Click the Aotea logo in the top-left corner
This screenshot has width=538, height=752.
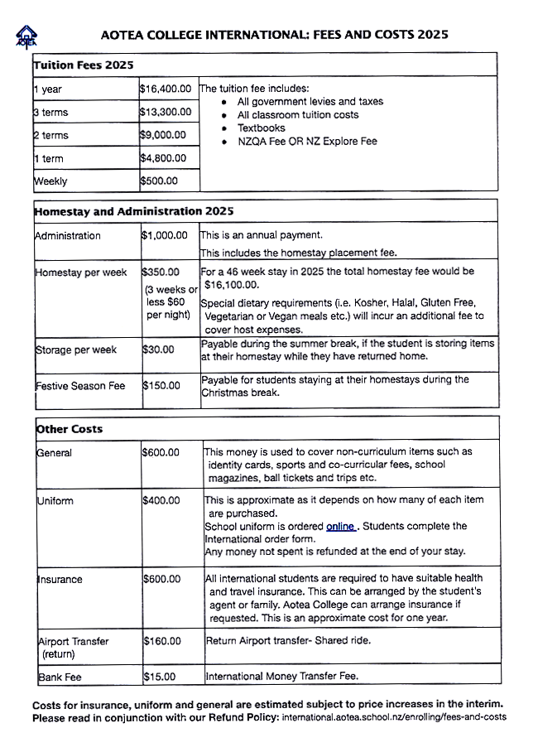point(27,36)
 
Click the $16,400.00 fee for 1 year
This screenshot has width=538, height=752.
point(166,88)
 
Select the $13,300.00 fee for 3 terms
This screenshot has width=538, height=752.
point(166,111)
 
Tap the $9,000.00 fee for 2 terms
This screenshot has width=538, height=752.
point(164,134)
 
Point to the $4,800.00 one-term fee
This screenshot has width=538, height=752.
point(164,157)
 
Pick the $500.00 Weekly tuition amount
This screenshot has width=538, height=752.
point(160,181)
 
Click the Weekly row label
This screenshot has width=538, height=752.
point(50,181)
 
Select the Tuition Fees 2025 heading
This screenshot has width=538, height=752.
point(84,65)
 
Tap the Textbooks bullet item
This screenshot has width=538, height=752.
point(261,128)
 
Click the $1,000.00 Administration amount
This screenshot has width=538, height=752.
point(165,235)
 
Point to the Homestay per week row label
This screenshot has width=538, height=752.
point(80,272)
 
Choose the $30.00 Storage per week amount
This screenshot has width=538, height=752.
point(158,349)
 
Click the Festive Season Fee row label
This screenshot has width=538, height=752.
point(79,385)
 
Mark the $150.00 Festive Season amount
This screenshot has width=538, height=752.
point(161,385)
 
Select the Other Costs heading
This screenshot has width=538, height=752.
point(69,429)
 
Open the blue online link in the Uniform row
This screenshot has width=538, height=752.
point(340,526)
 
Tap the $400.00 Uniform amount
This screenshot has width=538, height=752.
point(161,500)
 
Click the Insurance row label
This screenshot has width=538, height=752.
point(60,579)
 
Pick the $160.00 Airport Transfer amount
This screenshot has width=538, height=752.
point(161,640)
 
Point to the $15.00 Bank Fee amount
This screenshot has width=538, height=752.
point(159,677)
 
